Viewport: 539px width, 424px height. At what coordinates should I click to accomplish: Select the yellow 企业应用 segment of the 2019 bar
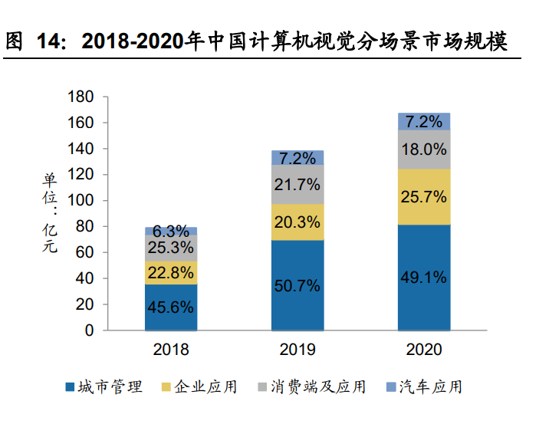pyautogui.click(x=297, y=222)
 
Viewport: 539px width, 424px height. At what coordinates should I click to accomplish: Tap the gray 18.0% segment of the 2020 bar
pyautogui.click(x=423, y=150)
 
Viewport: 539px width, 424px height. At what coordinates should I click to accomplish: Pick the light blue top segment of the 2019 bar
pyautogui.click(x=297, y=158)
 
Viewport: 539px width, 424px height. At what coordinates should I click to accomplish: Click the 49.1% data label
pyautogui.click(x=423, y=278)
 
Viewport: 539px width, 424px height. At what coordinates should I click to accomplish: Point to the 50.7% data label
pyautogui.click(x=297, y=286)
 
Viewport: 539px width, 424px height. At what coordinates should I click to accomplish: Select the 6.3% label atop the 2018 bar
pyautogui.click(x=171, y=231)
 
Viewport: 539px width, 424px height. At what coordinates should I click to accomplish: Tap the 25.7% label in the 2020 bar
pyautogui.click(x=423, y=197)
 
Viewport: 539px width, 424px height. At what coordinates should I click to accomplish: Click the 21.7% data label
pyautogui.click(x=297, y=185)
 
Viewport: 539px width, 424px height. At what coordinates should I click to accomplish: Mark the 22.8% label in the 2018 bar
pyautogui.click(x=171, y=272)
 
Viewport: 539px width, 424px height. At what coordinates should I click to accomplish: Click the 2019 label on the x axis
pyautogui.click(x=297, y=350)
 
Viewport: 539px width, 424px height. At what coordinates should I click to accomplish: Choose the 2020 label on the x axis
pyautogui.click(x=423, y=350)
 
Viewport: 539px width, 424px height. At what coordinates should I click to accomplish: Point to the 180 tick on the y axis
pyautogui.click(x=81, y=97)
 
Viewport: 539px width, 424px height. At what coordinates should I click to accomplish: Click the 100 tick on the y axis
pyautogui.click(x=81, y=201)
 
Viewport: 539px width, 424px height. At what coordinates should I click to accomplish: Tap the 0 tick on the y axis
pyautogui.click(x=89, y=330)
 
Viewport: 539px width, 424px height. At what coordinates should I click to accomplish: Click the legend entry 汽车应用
pyautogui.click(x=431, y=387)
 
